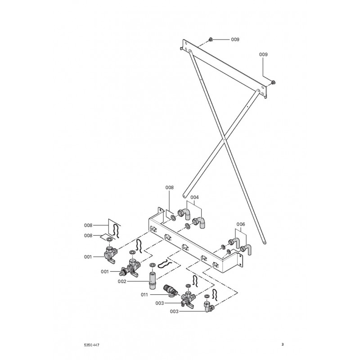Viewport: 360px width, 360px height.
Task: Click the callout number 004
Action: (194, 197)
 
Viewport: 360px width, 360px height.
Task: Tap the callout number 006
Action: (241, 223)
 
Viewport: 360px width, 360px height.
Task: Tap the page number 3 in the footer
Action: (282, 345)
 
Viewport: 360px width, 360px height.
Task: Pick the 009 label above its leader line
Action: (264, 54)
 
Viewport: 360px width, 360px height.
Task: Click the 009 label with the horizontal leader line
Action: (235, 40)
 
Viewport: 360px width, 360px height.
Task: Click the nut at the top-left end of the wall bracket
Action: (211, 40)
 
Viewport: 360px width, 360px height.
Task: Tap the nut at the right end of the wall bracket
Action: (274, 82)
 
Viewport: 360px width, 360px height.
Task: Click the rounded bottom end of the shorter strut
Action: (184, 195)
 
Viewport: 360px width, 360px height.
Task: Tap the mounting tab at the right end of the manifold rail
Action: (240, 258)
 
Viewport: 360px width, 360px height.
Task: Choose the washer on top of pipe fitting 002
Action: (153, 265)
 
